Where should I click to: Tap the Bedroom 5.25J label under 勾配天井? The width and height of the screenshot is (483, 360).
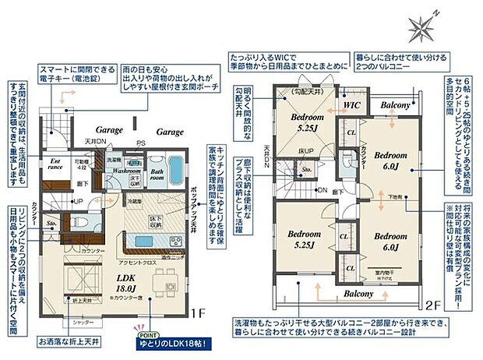pyautogui.click(x=302, y=122)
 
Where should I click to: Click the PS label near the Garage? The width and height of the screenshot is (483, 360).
pyautogui.click(x=141, y=143)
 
